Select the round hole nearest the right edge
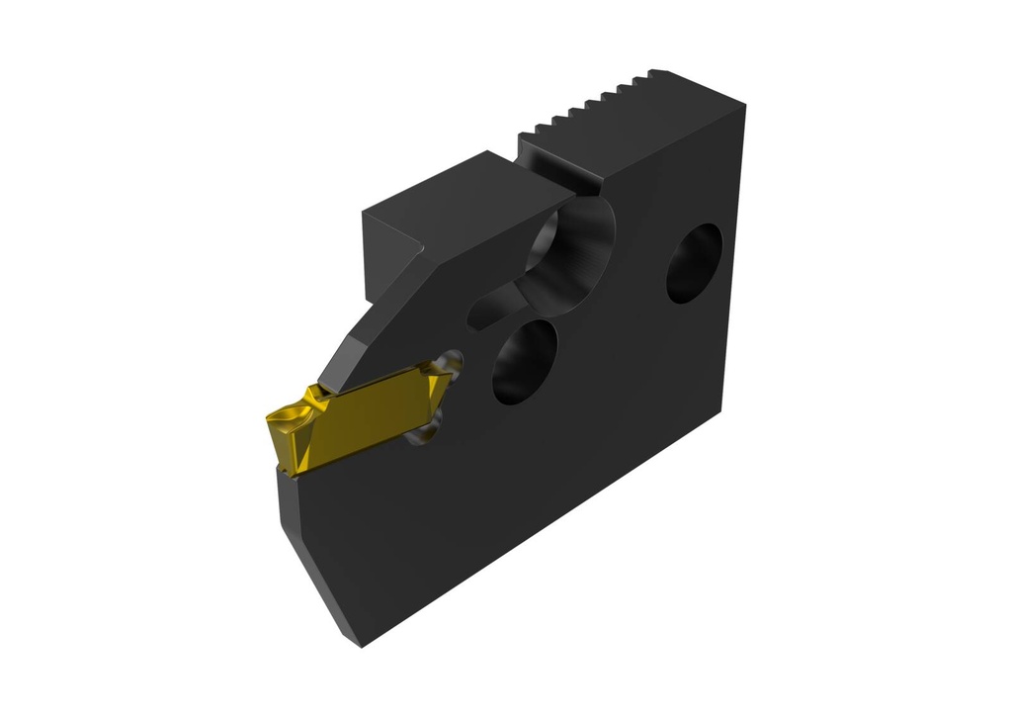point(694,262)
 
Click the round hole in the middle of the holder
point(524,362)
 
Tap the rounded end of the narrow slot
point(478,314)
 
